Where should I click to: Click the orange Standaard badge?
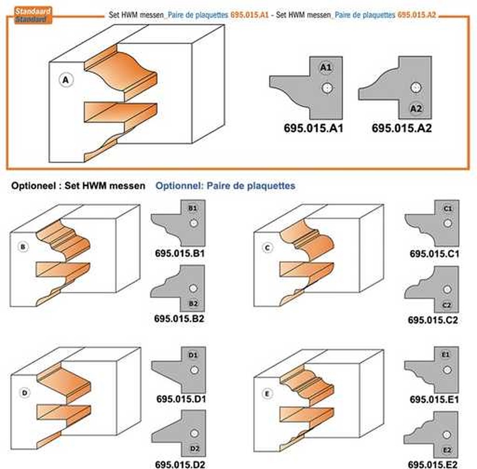[x=33, y=15]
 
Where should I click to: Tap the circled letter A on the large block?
[x=66, y=80]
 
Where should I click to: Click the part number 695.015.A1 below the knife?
[x=313, y=128]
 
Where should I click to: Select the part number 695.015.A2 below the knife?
[x=401, y=128]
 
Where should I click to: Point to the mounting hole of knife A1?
[x=327, y=88]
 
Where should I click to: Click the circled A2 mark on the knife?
[x=416, y=108]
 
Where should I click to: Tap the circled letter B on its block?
[x=23, y=247]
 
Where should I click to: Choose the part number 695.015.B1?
[x=180, y=253]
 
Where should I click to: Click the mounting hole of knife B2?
[x=193, y=288]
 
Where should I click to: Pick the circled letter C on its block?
[x=268, y=248]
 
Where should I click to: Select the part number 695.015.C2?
[x=433, y=320]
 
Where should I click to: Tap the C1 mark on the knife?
[x=448, y=208]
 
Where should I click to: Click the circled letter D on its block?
[x=25, y=393]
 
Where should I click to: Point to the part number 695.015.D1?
[x=181, y=399]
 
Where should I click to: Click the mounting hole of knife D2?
[x=194, y=433]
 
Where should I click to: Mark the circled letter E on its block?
[x=267, y=394]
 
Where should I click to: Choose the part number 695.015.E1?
[x=434, y=400]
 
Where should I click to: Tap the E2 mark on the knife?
[x=447, y=450]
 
